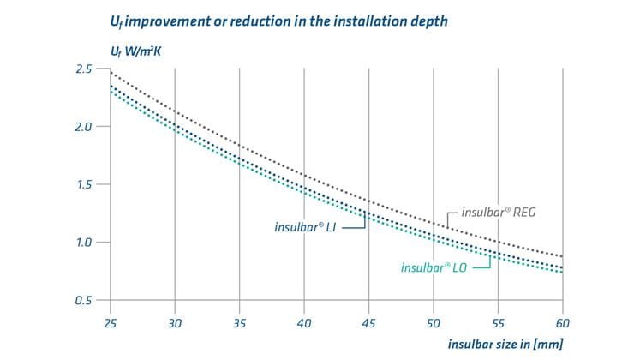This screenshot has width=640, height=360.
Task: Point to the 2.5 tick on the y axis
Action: coord(82,69)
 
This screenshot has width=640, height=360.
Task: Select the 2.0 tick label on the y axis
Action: coord(82,127)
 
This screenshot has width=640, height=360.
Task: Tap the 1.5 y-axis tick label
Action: coord(82,184)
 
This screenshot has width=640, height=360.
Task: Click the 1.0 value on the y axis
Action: coord(82,243)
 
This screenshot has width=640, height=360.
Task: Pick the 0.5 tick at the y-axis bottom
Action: coord(82,300)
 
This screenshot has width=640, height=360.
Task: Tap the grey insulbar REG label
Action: coord(500,210)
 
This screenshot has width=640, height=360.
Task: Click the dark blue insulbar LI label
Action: coord(309,227)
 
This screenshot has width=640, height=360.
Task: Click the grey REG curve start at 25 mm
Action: coord(110,73)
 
